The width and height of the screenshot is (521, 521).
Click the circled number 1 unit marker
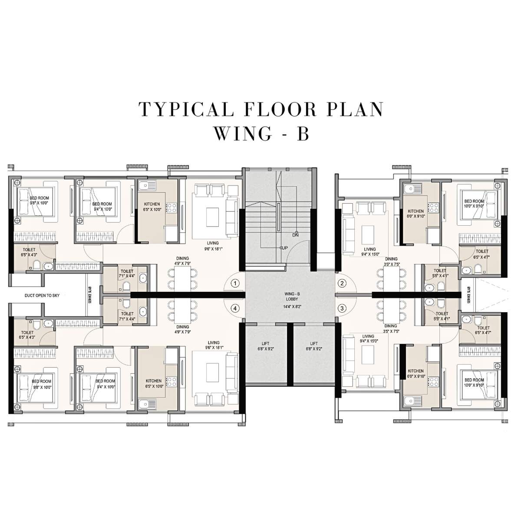235,284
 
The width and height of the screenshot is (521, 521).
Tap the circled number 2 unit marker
343,284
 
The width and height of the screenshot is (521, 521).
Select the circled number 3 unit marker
343,309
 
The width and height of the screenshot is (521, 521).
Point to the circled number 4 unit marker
235,309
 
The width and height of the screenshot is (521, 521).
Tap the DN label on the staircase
296,235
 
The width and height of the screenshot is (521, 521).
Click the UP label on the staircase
284,248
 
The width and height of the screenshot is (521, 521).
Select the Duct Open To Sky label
42,295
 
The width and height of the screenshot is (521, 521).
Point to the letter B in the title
302,134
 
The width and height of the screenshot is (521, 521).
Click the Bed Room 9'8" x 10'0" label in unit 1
40,200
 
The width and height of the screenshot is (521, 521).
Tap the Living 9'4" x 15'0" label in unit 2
369,252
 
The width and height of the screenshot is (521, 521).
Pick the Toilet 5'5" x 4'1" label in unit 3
442,316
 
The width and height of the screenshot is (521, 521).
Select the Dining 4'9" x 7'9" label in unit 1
182,261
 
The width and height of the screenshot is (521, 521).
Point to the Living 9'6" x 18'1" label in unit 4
213,345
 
